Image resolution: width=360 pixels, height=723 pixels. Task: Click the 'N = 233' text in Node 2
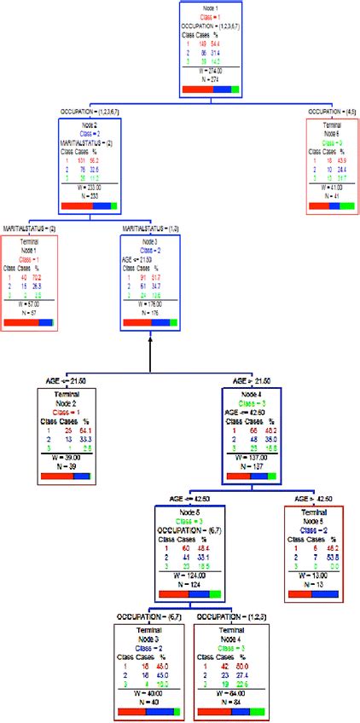pos(90,195)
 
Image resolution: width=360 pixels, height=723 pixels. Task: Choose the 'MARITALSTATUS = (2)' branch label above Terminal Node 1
pos(30,228)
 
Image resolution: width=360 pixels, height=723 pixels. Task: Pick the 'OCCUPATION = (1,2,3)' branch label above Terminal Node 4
pos(229,616)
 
